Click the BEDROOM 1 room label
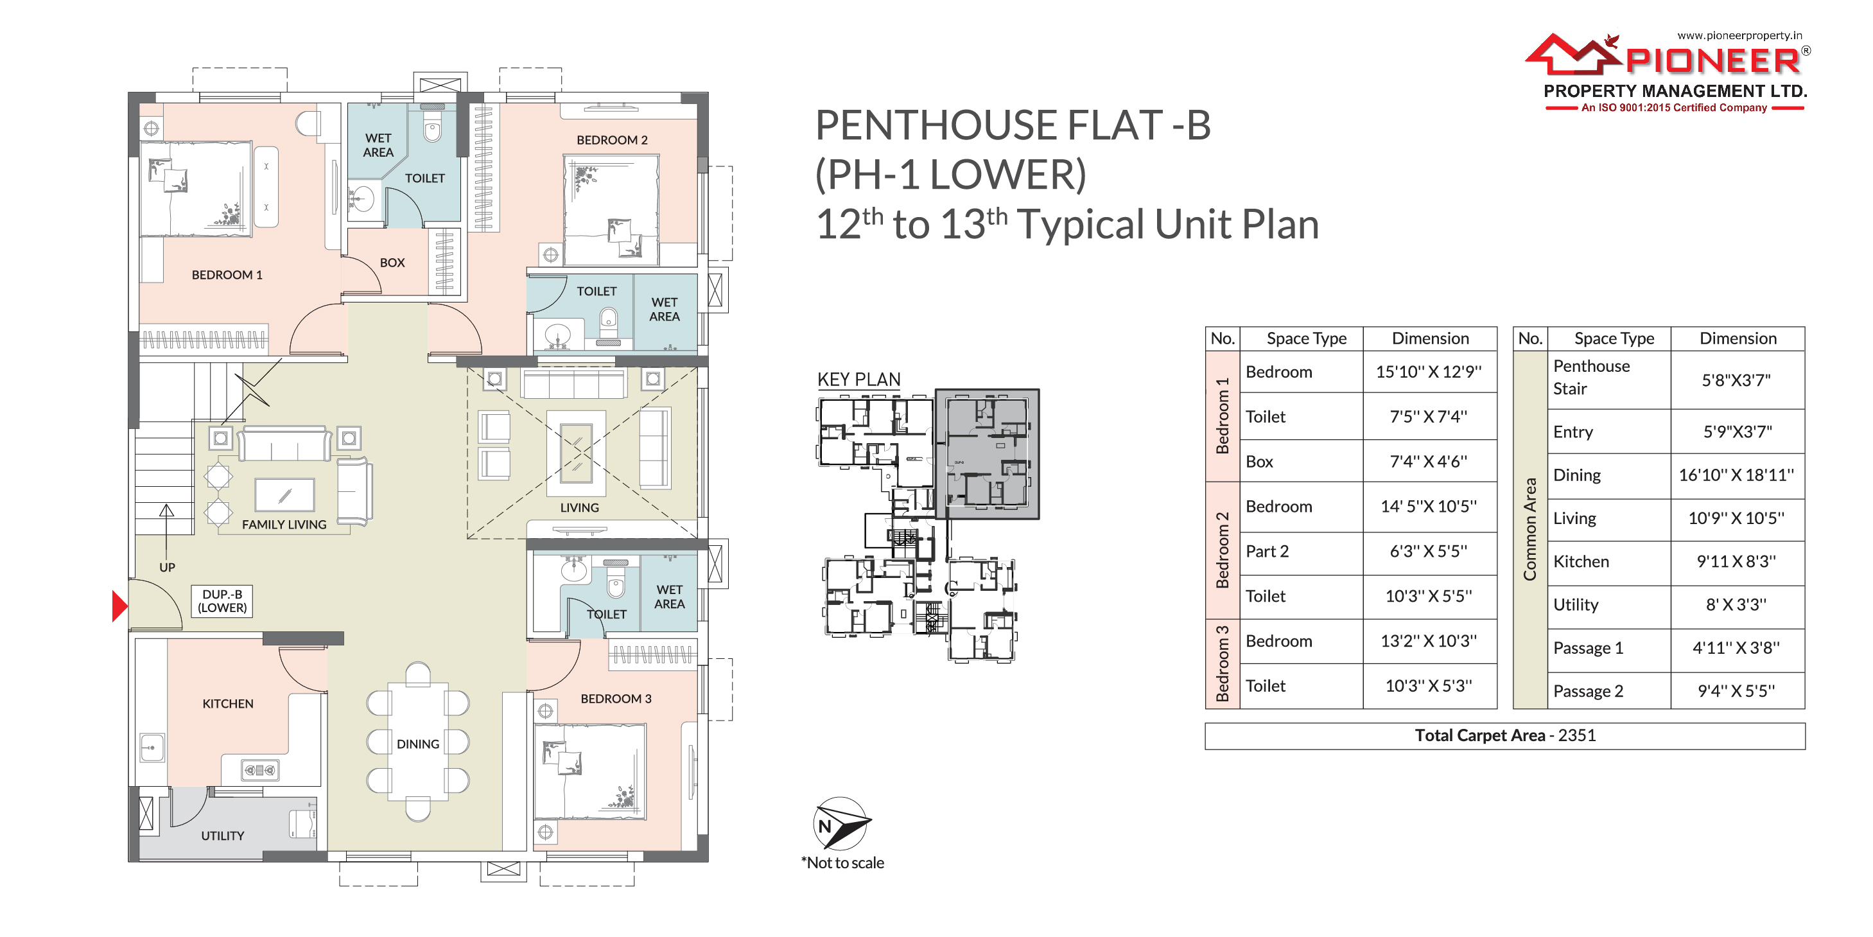point(227,275)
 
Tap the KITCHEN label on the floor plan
point(227,703)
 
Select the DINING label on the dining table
point(418,744)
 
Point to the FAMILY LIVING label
point(284,525)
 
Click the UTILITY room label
point(223,836)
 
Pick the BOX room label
point(392,263)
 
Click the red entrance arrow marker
point(120,606)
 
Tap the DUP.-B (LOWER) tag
point(223,601)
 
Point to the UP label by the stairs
point(167,568)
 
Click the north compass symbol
point(841,823)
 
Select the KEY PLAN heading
point(858,379)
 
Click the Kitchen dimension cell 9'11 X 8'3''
point(1737,561)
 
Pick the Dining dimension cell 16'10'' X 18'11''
point(1736,475)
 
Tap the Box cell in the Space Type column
point(1259,461)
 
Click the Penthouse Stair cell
point(1592,377)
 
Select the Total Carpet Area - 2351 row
point(1505,735)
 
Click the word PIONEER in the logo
point(1712,60)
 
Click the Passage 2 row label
point(1588,691)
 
